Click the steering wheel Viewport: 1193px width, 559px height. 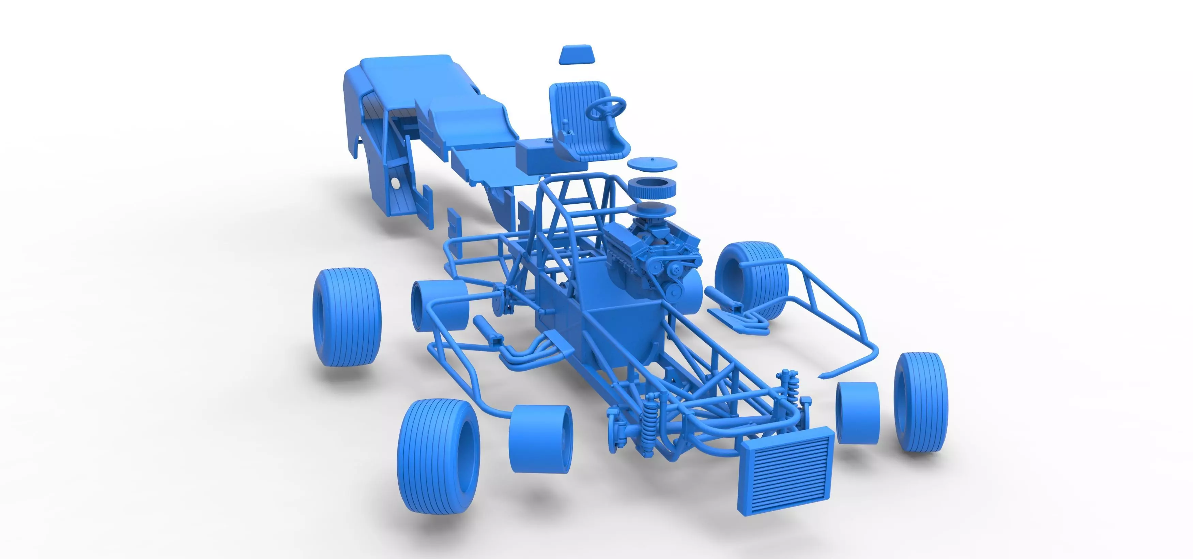(606, 107)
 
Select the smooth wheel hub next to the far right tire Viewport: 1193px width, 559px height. (857, 412)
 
